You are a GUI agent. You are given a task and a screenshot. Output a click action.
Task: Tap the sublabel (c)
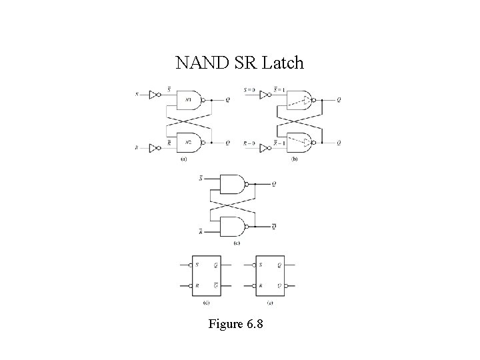coord(237,243)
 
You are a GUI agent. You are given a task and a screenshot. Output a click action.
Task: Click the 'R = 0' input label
coord(250,143)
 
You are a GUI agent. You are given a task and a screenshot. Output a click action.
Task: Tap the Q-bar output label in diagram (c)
coord(275,227)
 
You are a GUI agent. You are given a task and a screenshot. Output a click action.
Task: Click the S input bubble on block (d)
coord(189,265)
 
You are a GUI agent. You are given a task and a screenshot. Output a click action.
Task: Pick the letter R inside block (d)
coord(197,286)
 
